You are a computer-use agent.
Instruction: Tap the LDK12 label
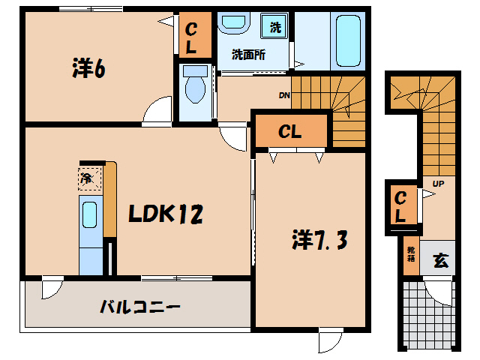[x=165, y=215]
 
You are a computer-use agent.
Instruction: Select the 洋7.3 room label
[x=318, y=241]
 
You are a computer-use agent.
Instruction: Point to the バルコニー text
[x=140, y=307]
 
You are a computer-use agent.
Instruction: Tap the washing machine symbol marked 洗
[x=275, y=28]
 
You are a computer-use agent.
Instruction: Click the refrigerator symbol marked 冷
[x=86, y=178]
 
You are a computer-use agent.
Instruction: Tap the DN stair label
[x=284, y=95]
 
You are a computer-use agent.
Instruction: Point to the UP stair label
[x=436, y=183]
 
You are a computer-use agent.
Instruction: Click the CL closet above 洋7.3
[x=290, y=132]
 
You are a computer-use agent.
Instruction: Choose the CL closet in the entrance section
[x=401, y=206]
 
